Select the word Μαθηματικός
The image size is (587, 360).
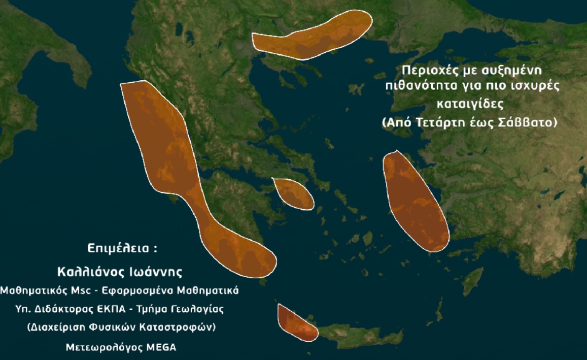(x=32, y=290)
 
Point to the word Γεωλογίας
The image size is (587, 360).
(x=199, y=309)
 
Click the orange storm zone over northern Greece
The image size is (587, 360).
(x=315, y=36)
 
